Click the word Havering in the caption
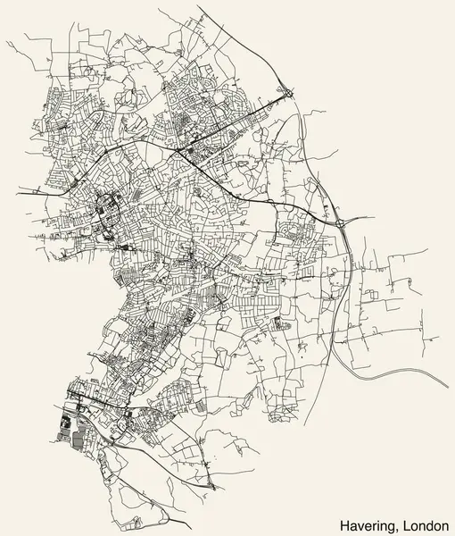click(x=368, y=522)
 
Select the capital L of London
click(x=404, y=522)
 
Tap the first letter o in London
click(x=412, y=523)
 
